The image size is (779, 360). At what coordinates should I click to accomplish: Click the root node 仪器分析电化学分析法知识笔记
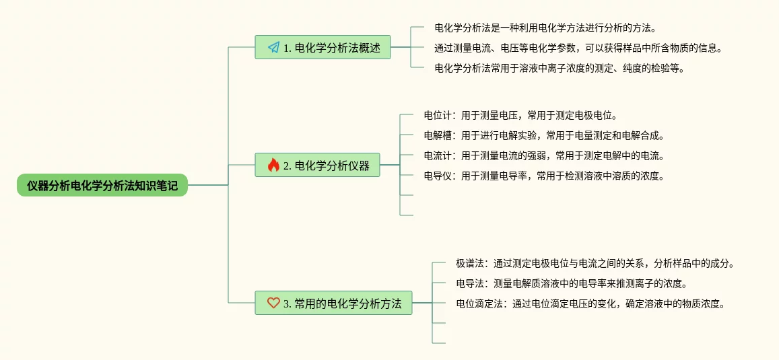pos(102,185)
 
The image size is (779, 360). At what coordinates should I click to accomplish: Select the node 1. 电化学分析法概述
pos(323,47)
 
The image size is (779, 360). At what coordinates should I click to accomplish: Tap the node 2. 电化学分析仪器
pos(317,165)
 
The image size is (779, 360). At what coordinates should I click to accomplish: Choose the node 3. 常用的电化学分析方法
pos(333,303)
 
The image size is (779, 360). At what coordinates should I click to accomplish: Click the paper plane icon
pos(273,47)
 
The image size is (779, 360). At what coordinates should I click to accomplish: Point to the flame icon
pos(273,165)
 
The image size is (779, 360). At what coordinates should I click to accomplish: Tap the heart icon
pos(273,303)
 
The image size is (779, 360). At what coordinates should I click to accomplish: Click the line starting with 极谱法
pos(595,263)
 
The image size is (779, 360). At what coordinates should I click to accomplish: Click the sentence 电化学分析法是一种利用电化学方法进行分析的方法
pos(545,28)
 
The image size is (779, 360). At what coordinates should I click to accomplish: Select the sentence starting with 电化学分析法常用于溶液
pos(559,68)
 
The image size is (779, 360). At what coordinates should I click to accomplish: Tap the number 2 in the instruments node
pos(287,166)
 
